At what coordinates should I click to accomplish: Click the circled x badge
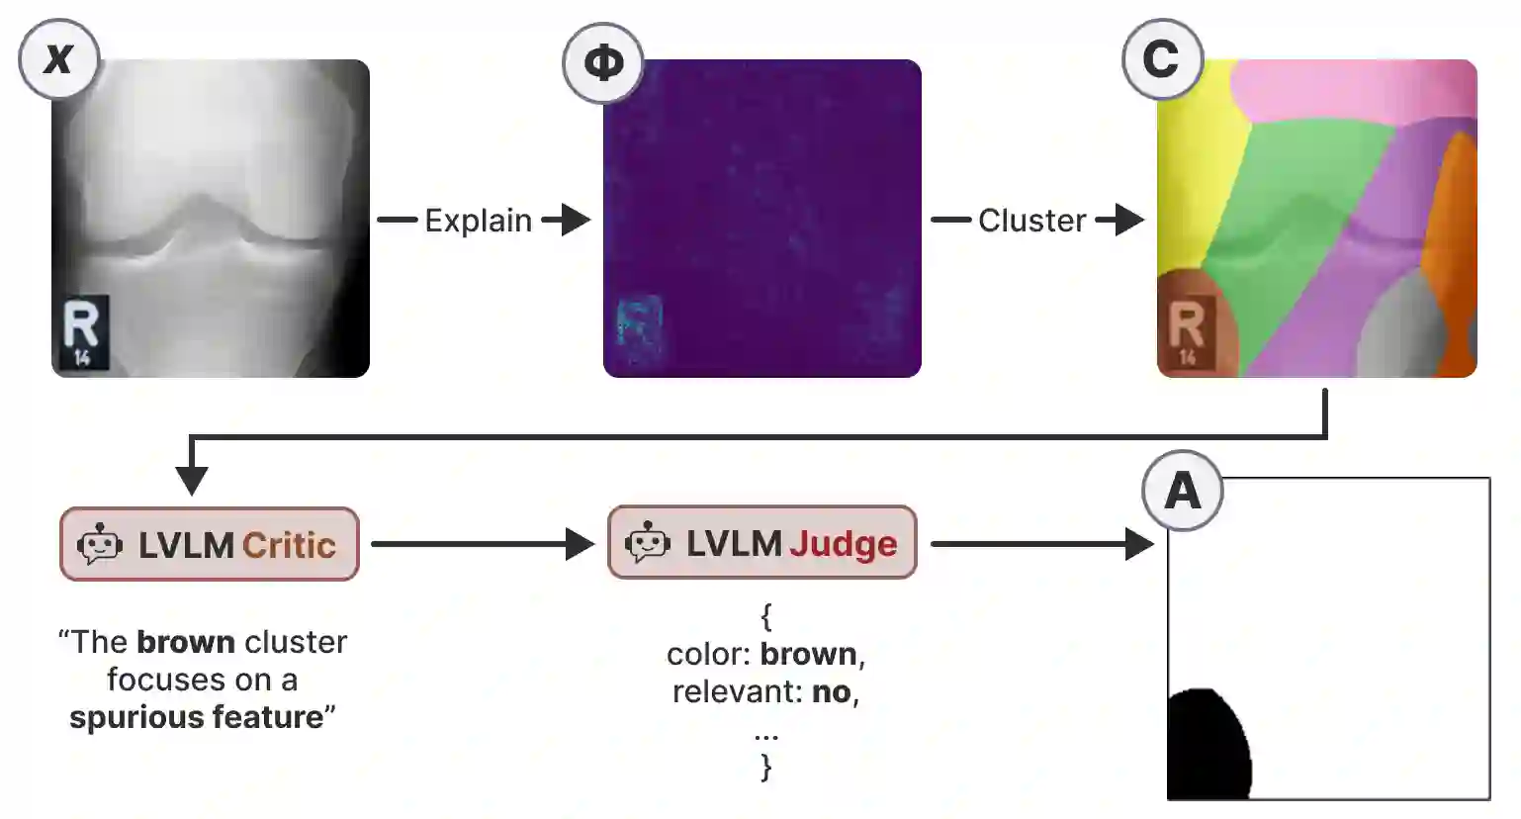58,58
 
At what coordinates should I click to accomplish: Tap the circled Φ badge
603,63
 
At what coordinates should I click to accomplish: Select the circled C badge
1161,59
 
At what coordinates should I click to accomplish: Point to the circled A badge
1183,491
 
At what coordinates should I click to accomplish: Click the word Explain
478,221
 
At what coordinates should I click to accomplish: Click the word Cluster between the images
1031,221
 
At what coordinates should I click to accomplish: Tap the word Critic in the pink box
289,545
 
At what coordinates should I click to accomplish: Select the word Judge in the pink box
843,543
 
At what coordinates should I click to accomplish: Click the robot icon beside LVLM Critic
100,545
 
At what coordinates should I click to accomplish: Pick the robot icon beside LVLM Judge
648,543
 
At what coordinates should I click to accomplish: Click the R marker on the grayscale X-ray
81,326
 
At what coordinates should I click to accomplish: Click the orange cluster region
1454,237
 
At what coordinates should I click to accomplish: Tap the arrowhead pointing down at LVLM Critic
191,480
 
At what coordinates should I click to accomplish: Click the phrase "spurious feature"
196,717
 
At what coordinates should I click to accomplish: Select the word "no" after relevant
832,691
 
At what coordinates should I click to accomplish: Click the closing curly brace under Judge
765,767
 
